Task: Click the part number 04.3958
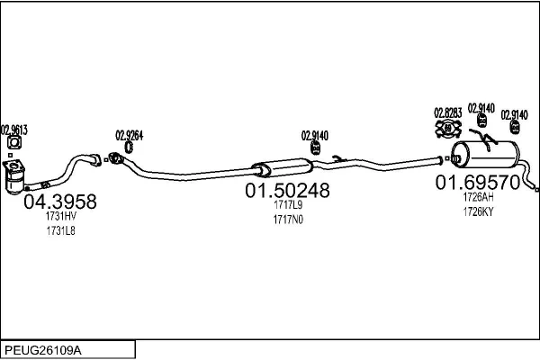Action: [59, 202]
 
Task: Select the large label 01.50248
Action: [287, 191]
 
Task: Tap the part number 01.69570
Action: [478, 183]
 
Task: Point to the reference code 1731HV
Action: [60, 217]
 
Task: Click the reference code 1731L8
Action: [60, 231]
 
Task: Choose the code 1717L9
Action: [287, 205]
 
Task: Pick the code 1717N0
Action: [287, 219]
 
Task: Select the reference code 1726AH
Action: [478, 197]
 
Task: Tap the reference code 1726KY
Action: [478, 211]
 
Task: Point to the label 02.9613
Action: [14, 130]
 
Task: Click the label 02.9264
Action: [130, 135]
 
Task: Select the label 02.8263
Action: [448, 112]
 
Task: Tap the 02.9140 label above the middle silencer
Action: [314, 135]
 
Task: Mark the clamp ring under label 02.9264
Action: [129, 147]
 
